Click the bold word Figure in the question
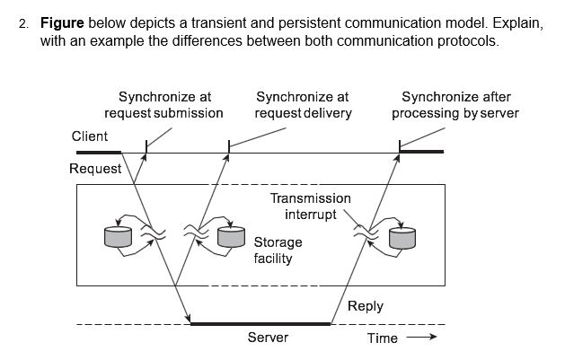click(x=62, y=22)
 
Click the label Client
click(x=90, y=136)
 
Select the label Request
click(x=95, y=169)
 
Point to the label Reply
click(x=365, y=306)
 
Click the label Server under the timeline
click(x=268, y=338)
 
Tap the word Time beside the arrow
click(x=383, y=338)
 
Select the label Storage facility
click(x=278, y=250)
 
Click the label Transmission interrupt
click(x=311, y=206)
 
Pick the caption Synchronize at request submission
click(x=163, y=105)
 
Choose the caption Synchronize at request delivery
click(x=303, y=105)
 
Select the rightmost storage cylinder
click(x=402, y=238)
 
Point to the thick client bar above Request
click(x=99, y=152)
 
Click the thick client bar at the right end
click(x=420, y=152)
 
